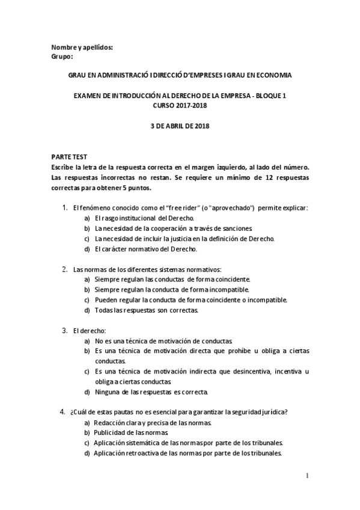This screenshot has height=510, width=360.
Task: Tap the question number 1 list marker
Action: point(64,207)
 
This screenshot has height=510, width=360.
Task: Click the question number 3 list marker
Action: point(64,330)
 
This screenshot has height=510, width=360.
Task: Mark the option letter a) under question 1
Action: point(87,218)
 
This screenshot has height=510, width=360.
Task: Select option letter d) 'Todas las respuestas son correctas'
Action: point(87,310)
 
